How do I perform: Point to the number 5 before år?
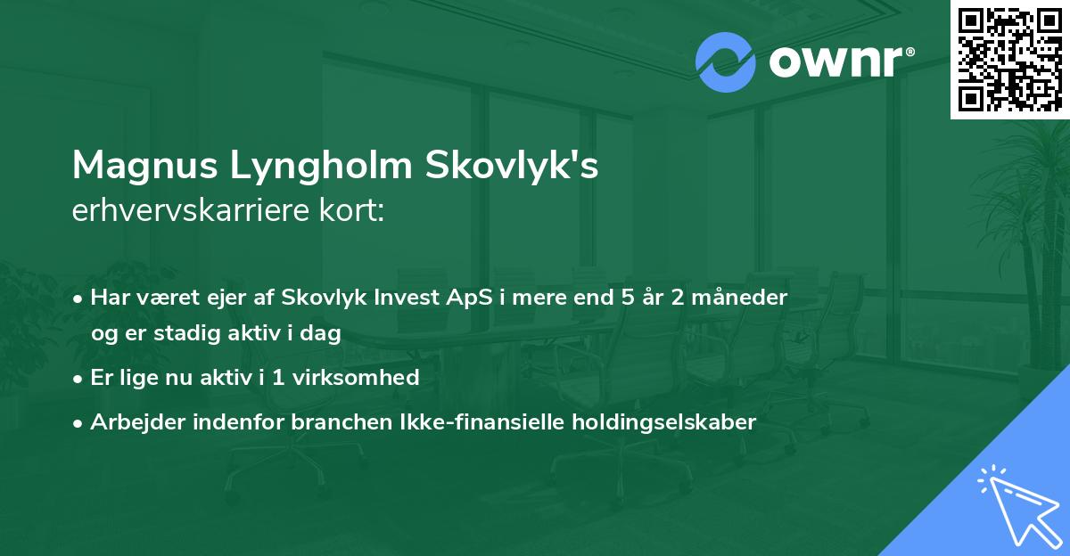tap(628, 298)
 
